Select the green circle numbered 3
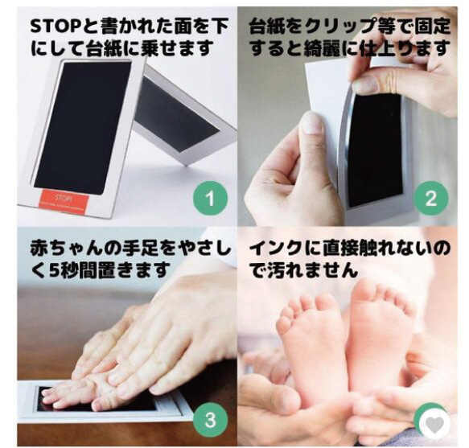tap(208, 418)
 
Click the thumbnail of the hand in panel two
tap(311, 123)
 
